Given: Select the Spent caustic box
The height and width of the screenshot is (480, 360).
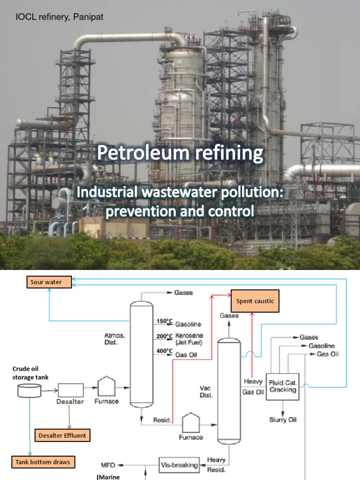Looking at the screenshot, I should coord(255,301).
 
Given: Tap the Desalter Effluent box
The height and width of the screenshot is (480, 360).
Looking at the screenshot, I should coord(62,435).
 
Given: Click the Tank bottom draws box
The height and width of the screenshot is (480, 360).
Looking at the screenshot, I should coord(43,462).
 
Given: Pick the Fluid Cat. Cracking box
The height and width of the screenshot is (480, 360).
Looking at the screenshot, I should coord(283,386).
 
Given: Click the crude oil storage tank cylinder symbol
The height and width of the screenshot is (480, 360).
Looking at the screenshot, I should coord(28,390).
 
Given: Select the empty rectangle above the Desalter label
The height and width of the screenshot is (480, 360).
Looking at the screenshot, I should coord(71,390).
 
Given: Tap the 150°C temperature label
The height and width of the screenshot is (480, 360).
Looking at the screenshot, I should coord(162,321).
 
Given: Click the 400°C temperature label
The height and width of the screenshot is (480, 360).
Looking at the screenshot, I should coord(162,352).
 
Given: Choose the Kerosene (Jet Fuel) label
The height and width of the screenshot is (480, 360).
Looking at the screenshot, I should coord(186,339).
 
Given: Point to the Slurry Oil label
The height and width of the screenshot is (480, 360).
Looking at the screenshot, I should coord(283,420).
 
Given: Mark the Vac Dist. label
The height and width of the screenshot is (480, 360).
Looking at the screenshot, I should coord(206,391).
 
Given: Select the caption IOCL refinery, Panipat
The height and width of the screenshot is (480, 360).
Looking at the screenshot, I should coord(60,17).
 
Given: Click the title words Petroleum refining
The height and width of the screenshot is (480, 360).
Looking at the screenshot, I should coord(180,153).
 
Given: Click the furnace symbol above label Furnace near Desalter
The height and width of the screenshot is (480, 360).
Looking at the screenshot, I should coord(106,387).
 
